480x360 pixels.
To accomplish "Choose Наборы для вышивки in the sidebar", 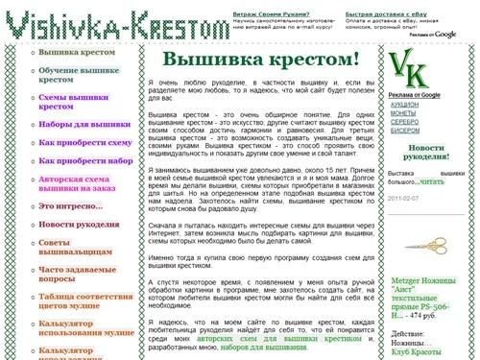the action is tap(84, 124).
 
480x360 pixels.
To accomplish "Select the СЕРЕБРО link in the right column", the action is tap(405, 122).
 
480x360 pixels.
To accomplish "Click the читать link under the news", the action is tap(432, 180).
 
